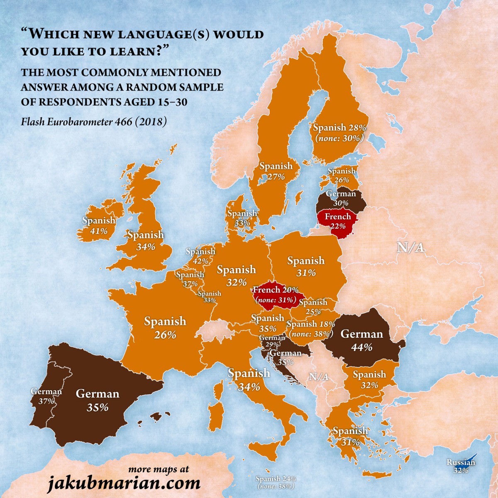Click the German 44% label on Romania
tap(361, 340)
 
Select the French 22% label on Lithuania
tap(337, 221)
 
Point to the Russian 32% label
tap(461, 466)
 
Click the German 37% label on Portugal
tap(46, 396)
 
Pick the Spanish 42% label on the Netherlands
tap(200, 256)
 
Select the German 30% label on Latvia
tap(341, 198)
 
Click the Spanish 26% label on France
tap(165, 327)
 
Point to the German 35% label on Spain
tap(98, 400)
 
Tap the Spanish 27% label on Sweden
tap(276, 171)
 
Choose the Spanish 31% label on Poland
tap(306, 266)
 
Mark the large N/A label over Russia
tap(410, 248)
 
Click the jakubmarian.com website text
tap(124, 483)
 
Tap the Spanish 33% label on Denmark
tap(242, 218)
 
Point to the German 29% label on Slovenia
tap(272, 341)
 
